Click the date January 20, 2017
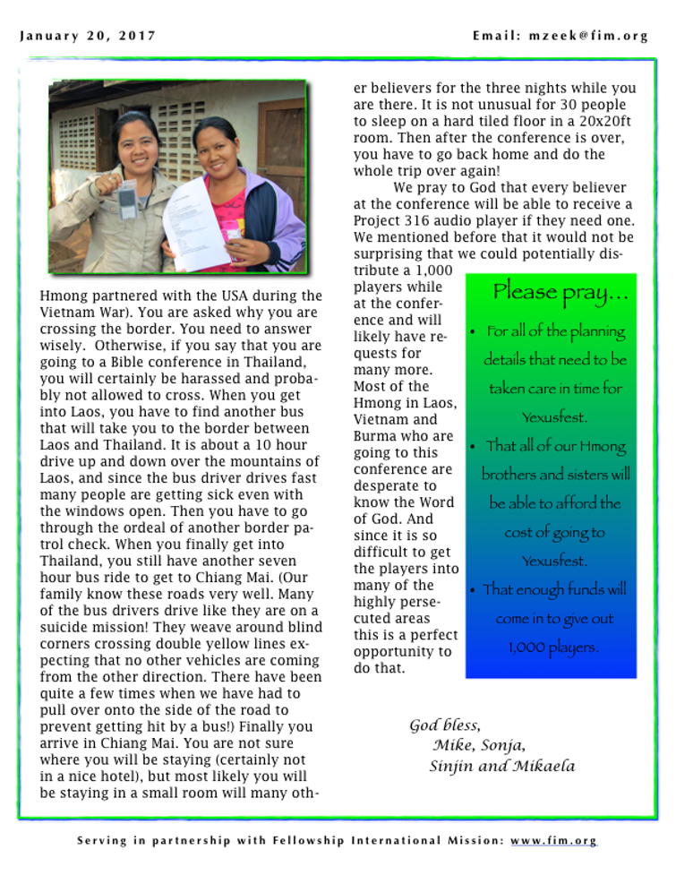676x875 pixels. click(88, 36)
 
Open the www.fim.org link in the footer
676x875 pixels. click(553, 841)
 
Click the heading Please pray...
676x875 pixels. click(560, 292)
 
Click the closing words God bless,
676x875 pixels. click(445, 725)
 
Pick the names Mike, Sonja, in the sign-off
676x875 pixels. click(479, 745)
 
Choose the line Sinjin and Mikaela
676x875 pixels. click(501, 766)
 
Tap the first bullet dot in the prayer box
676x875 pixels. click(473, 332)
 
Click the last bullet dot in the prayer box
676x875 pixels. click(473, 590)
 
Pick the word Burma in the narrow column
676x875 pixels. click(376, 436)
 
